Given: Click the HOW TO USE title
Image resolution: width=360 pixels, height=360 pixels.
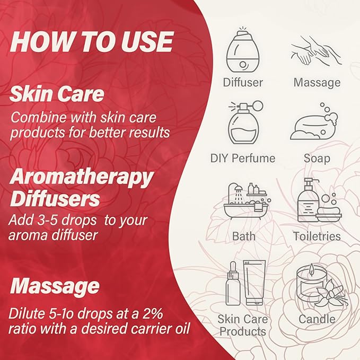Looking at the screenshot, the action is (91, 41).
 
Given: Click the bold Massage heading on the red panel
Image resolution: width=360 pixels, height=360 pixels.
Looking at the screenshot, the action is (55, 287).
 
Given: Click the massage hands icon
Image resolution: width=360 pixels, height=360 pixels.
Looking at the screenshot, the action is (317, 51).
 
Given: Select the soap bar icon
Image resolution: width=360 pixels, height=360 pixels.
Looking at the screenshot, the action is (314, 122).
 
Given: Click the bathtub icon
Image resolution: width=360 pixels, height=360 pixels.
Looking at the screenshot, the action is (247, 201).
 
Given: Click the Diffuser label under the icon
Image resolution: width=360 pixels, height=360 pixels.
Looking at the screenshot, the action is (243, 82).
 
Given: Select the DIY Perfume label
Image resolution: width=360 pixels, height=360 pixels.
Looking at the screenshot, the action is (243, 158).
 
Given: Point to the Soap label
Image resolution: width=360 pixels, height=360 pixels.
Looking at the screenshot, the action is (317, 159).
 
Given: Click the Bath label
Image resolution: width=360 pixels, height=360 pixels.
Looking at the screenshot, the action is (243, 236).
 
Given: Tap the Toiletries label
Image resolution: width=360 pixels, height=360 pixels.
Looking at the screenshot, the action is (317, 236).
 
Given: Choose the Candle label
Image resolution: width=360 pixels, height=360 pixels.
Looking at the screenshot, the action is (317, 319).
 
